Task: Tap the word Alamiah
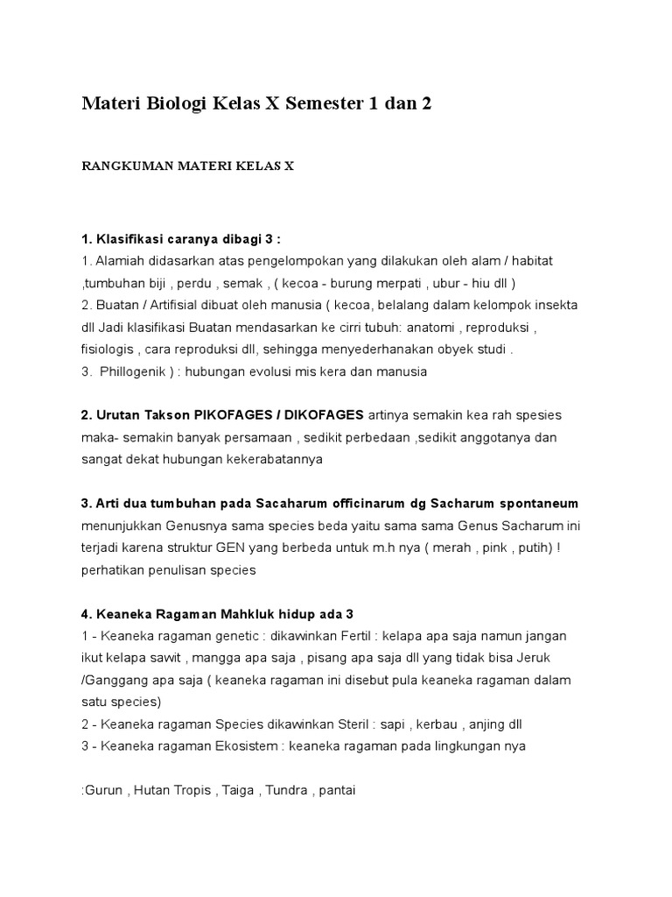point(122,261)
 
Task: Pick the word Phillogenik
point(136,371)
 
